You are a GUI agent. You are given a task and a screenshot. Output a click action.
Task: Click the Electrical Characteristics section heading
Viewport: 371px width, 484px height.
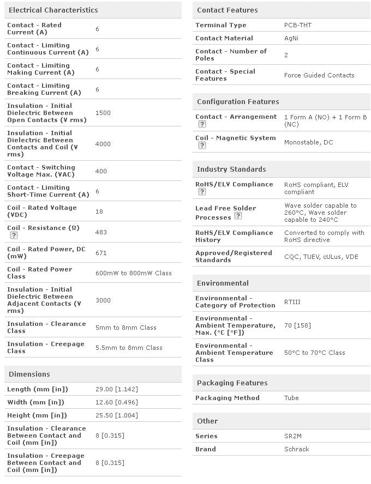coord(53,10)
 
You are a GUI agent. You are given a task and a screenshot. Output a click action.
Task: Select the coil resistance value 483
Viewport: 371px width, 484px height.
coord(101,232)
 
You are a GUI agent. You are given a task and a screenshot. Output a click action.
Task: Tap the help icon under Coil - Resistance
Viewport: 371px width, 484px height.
coord(14,235)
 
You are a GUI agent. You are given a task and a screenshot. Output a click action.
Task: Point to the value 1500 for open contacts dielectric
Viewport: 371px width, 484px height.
coord(103,113)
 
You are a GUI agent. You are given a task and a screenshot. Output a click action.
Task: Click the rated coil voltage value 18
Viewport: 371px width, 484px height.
coord(99,211)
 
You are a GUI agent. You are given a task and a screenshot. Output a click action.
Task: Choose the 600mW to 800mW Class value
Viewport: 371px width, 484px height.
coord(134,273)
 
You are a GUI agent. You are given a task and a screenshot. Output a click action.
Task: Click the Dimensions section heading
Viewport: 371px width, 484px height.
coord(29,374)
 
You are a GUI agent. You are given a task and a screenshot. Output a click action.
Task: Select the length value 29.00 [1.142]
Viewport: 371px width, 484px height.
coord(117,389)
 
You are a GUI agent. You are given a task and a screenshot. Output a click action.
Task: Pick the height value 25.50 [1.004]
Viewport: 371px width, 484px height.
coord(117,415)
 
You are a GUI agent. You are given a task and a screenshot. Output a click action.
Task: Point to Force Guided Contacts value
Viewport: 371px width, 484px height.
coord(319,75)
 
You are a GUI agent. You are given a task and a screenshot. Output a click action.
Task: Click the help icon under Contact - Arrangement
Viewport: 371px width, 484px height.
coord(202,124)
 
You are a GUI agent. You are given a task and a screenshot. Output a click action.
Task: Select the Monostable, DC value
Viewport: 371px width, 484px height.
coord(308,142)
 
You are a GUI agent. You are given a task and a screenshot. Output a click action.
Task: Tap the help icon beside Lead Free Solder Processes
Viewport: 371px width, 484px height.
coord(238,216)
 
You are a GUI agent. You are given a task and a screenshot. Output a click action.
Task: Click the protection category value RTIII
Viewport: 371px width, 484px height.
coord(292,302)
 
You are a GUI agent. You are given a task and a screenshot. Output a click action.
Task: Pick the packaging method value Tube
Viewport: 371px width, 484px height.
coord(291,398)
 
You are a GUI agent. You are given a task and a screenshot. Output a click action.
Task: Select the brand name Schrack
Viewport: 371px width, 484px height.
coord(297,449)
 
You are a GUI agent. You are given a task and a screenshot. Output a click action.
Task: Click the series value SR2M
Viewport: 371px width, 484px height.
coord(294,436)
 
